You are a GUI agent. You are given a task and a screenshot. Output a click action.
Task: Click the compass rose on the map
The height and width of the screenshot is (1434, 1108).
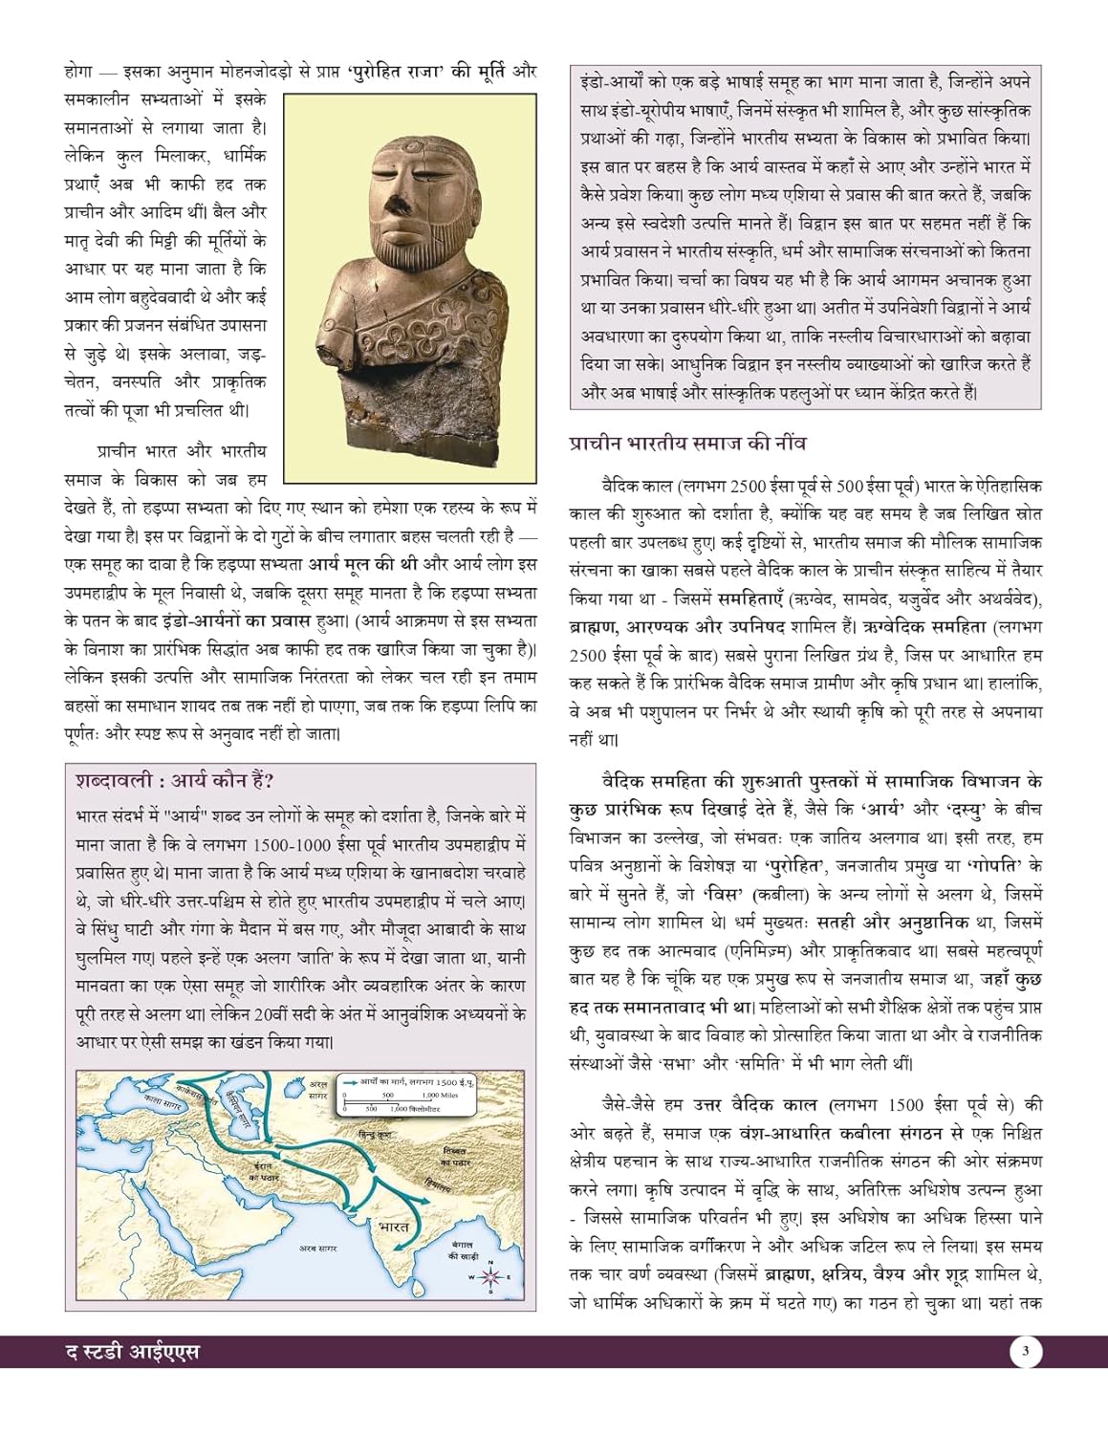point(490,1277)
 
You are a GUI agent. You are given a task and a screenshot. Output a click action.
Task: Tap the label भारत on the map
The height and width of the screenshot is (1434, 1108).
point(393,1227)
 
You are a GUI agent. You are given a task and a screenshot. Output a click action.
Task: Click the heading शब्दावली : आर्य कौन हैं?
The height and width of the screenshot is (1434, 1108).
point(175,781)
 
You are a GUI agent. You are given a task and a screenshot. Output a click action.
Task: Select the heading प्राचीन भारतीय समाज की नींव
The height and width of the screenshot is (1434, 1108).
point(687,444)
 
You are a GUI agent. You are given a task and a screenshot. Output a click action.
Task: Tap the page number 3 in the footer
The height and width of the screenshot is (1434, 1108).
point(1025,1352)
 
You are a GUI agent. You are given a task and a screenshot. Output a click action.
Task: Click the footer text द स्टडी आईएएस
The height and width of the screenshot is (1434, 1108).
point(126,1353)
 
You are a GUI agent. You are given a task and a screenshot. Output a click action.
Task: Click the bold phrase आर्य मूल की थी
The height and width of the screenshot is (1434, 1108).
point(363,564)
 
